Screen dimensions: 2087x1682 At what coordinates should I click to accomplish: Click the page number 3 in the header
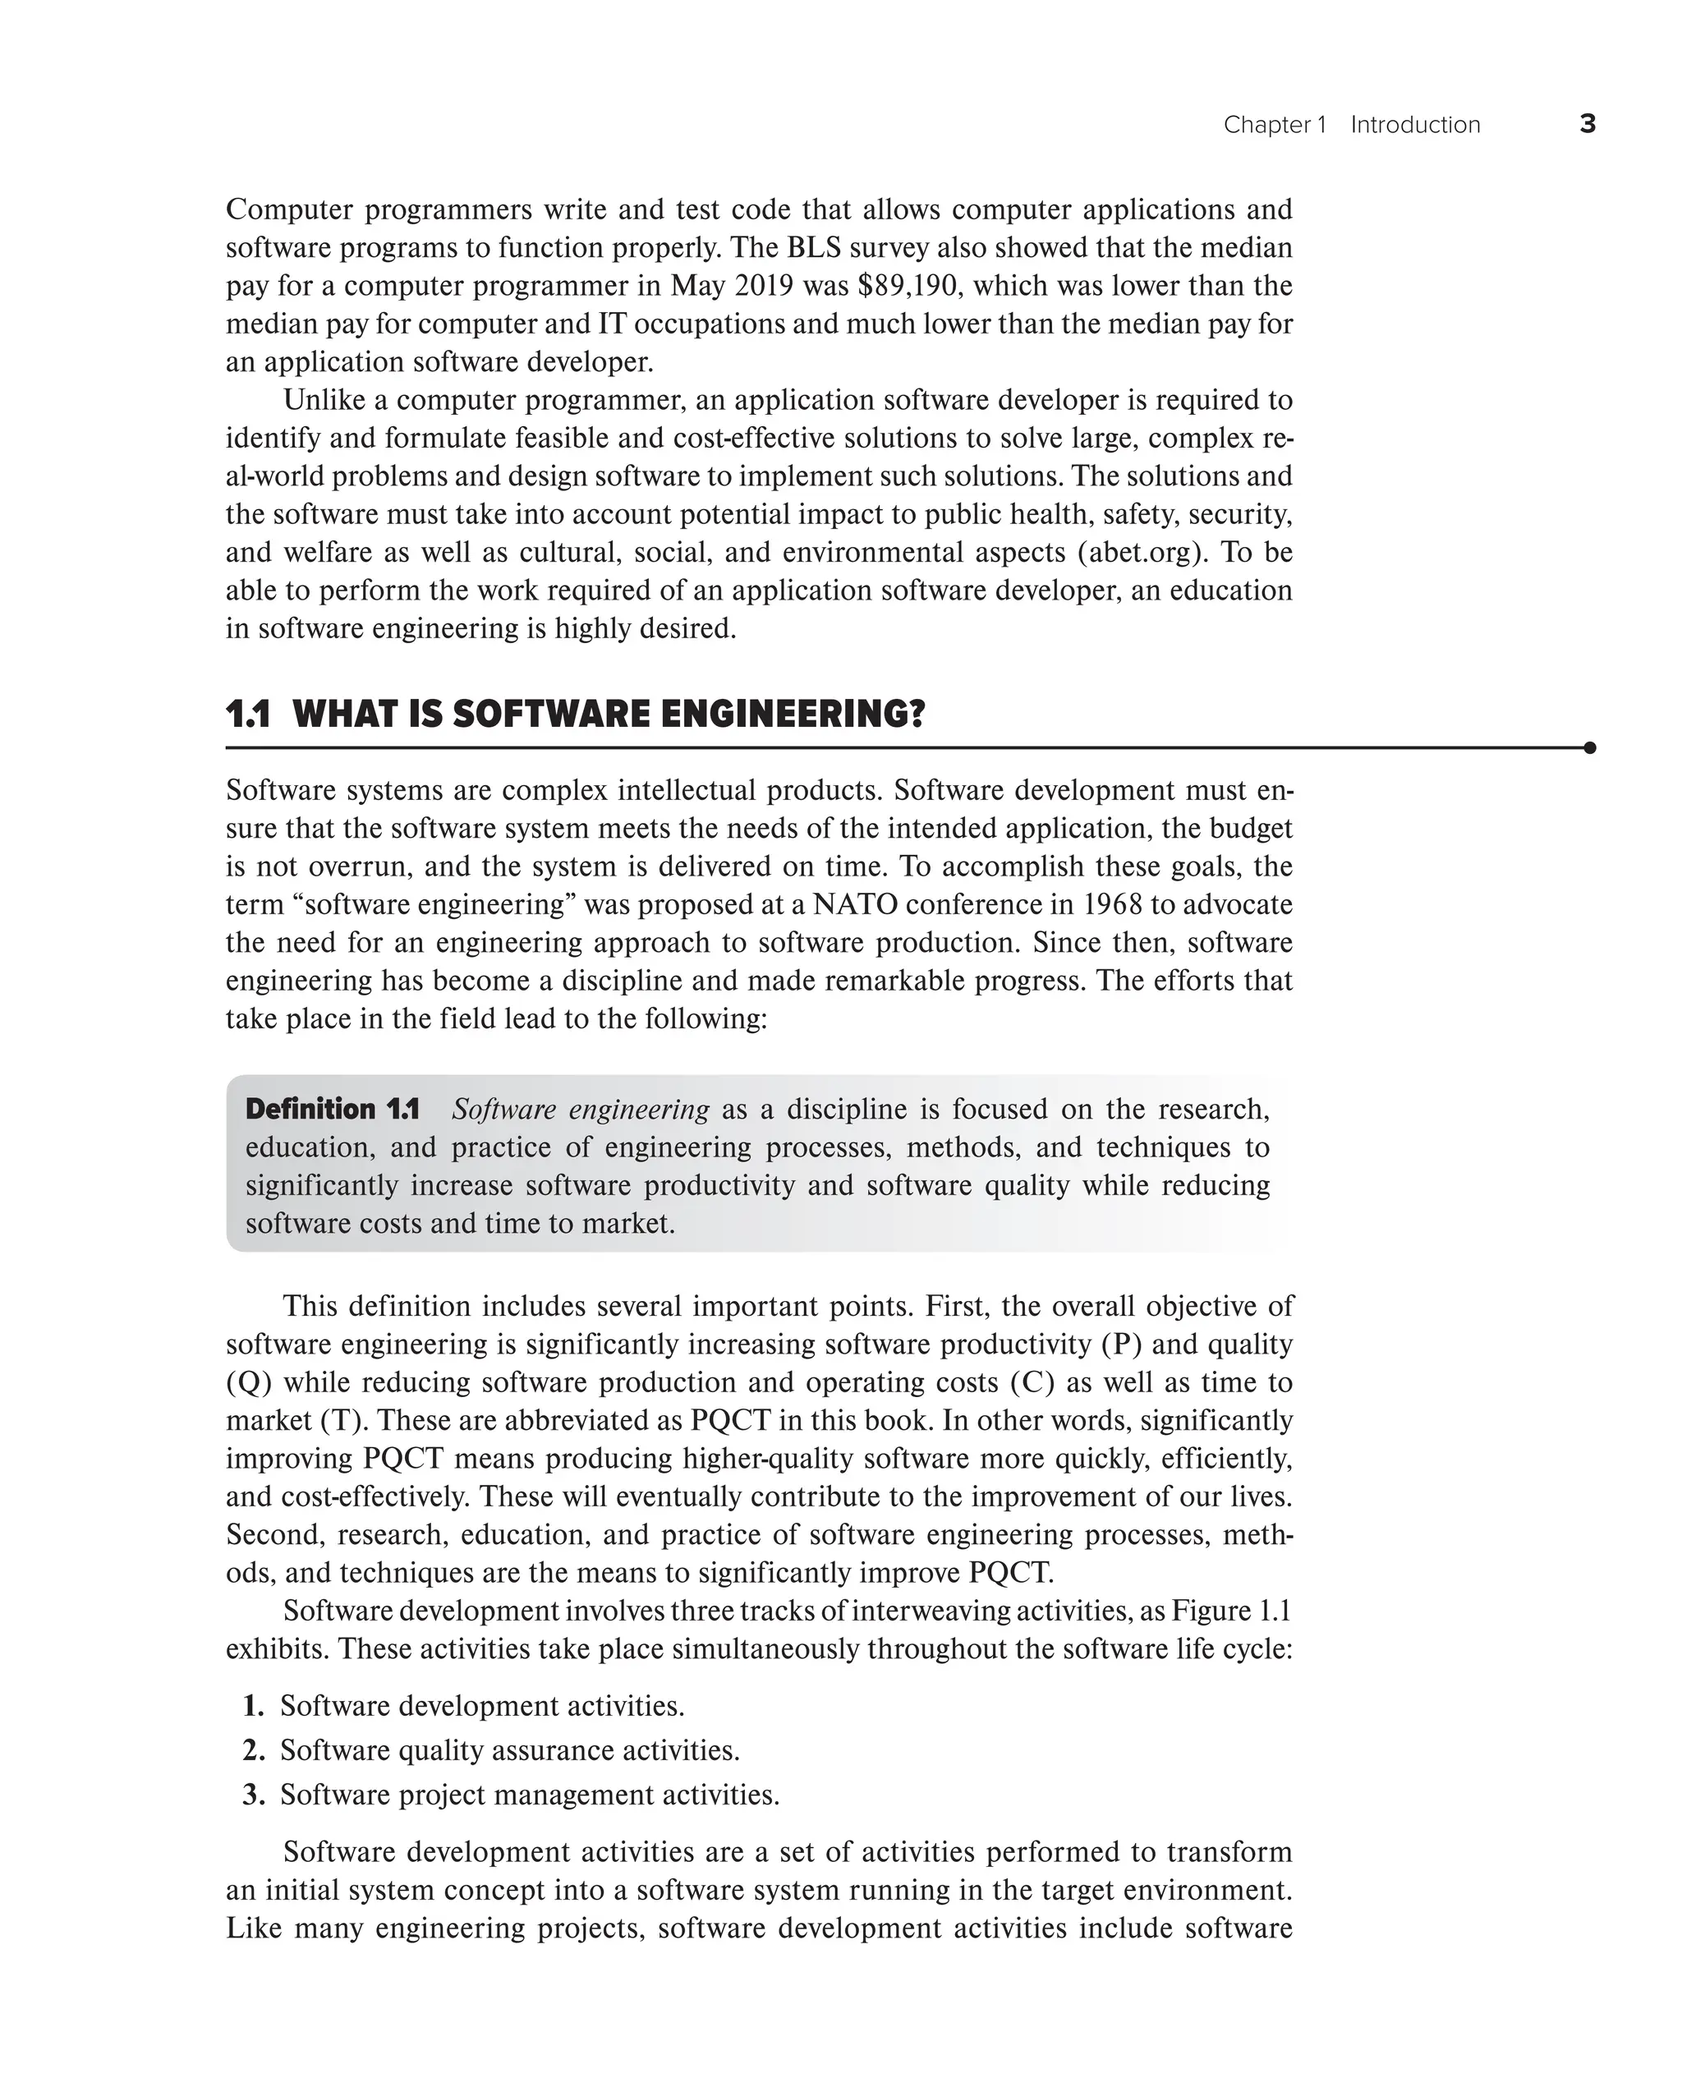(x=1587, y=124)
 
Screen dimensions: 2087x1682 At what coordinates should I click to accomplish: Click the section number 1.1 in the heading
(x=248, y=715)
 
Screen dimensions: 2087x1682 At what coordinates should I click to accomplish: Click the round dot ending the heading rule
(x=1589, y=748)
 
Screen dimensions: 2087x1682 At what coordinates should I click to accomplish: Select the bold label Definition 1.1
(x=333, y=1110)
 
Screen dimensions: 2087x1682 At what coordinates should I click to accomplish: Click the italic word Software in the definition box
(x=501, y=1110)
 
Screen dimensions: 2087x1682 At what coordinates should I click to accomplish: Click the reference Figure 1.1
(x=1231, y=1611)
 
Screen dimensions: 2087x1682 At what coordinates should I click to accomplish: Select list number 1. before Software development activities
(x=254, y=1706)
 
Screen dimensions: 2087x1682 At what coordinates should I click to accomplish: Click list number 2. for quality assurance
(x=254, y=1751)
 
